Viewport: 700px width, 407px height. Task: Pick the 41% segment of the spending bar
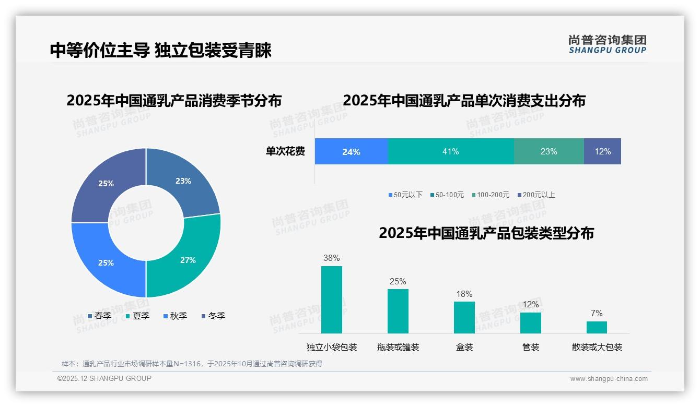tap(451, 151)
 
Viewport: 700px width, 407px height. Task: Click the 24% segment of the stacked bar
tap(351, 151)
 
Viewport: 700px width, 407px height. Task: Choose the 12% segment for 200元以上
tap(602, 151)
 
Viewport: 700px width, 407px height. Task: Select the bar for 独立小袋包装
tap(332, 300)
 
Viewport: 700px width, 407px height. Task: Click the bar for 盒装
tap(464, 317)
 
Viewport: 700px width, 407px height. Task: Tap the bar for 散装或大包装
tap(597, 327)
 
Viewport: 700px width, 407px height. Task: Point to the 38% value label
tap(332, 258)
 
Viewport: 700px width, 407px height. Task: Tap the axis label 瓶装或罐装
tap(398, 347)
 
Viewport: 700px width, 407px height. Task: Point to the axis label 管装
tap(531, 347)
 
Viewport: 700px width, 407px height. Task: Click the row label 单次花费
tap(285, 151)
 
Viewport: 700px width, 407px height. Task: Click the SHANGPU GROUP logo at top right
tap(608, 44)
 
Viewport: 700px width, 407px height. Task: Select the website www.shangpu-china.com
tap(609, 379)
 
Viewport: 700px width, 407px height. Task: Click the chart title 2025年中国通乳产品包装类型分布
tap(486, 233)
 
